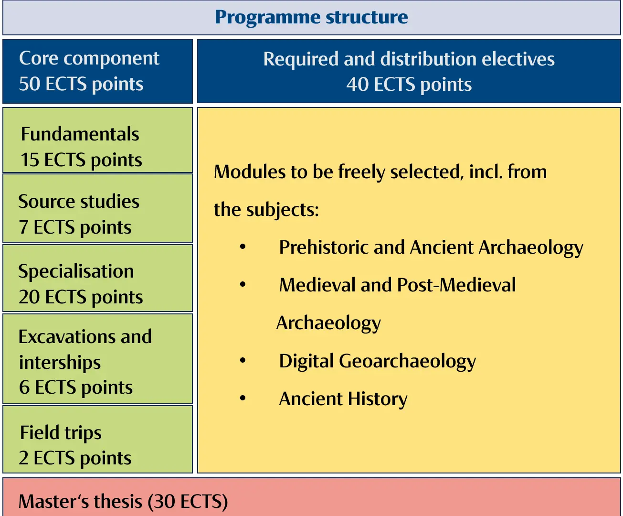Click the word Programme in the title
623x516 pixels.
pos(268,18)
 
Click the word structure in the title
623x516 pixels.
pos(367,17)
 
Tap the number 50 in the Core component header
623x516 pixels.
pos(30,84)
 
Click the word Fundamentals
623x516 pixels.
pos(80,134)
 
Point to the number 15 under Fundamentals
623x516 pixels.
pos(30,160)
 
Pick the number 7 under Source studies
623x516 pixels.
pos(23,227)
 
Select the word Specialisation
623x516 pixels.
pos(76,272)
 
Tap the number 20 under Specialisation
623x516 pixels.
pos(29,297)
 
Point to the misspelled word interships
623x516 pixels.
pos(60,363)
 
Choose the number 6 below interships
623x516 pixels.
pos(24,387)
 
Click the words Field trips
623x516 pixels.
pos(61,433)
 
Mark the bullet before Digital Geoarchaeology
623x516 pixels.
pos(243,360)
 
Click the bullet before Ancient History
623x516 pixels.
pos(243,398)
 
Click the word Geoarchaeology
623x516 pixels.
pos(407,362)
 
